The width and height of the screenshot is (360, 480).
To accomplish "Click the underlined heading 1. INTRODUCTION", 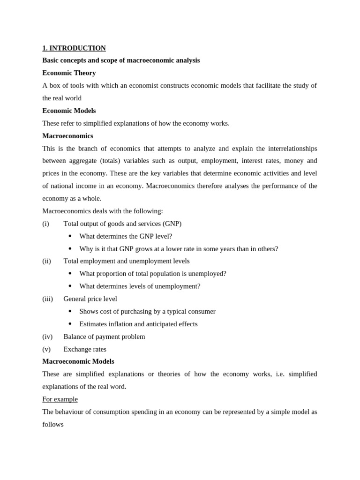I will [74, 48].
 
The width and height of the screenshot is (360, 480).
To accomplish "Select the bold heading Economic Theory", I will [69, 73].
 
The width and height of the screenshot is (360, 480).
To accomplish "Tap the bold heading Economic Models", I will [69, 111].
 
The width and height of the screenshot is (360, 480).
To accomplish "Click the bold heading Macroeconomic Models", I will [78, 361].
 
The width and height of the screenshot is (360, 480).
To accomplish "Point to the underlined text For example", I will [60, 399].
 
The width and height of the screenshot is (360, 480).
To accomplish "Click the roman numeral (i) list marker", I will [45, 224].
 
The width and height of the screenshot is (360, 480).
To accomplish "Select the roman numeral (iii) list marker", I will [47, 299].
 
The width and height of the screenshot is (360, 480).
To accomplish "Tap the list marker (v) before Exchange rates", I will [46, 349].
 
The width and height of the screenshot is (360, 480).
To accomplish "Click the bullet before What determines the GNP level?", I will [70, 236].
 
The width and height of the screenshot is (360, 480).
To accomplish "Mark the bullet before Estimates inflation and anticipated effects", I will [70, 324].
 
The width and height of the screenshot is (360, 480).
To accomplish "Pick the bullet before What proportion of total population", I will [70, 274].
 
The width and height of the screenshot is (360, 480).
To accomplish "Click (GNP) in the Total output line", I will [172, 224].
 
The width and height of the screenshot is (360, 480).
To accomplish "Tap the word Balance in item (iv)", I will [75, 337].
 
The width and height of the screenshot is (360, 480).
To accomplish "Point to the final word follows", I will [53, 424].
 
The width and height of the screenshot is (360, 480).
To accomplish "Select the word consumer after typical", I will [201, 311].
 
